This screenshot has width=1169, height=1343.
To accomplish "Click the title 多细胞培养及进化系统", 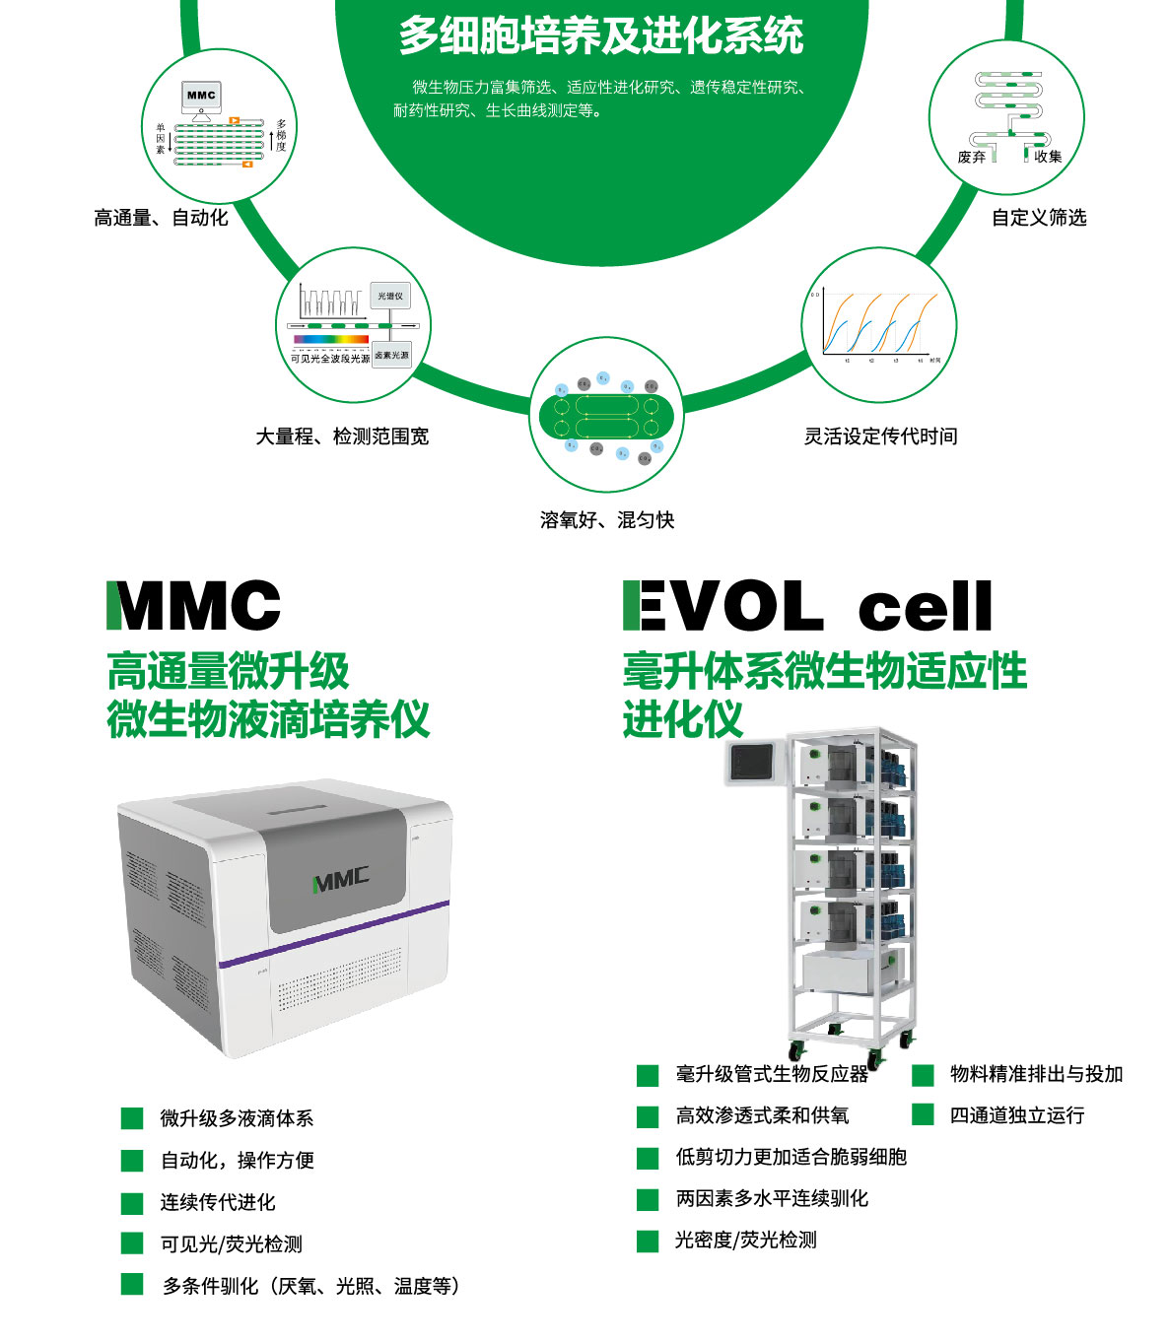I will (x=601, y=36).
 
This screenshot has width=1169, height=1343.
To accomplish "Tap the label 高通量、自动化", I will (x=161, y=218).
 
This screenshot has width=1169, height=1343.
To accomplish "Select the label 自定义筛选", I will (x=1039, y=218).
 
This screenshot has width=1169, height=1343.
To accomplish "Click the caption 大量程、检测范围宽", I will (x=342, y=436).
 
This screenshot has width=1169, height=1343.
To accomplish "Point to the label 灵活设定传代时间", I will (x=880, y=436).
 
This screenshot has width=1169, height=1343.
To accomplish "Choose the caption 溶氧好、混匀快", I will (x=607, y=520).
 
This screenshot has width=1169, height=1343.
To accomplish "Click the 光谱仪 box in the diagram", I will (x=390, y=296).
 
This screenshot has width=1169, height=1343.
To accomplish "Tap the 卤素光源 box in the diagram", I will (x=391, y=355).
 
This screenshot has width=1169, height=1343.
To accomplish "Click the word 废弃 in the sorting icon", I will (x=971, y=157).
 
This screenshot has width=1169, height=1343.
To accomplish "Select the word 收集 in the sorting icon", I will (x=1048, y=157).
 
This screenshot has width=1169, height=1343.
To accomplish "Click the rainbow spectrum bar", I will (x=330, y=340).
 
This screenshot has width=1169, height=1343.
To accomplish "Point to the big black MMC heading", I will (x=194, y=606).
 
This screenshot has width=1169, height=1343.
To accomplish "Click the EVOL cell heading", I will (x=807, y=606).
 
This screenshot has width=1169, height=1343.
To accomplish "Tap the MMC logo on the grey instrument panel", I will (x=341, y=879).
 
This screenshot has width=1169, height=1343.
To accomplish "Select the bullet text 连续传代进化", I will (x=218, y=1202).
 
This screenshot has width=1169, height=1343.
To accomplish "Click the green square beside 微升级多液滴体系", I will (x=132, y=1118).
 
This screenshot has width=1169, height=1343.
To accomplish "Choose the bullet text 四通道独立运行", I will (x=1017, y=1115).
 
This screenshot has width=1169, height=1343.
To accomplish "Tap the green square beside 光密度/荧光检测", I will (x=648, y=1241).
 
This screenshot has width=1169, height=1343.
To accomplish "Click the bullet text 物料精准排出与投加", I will (x=1036, y=1074).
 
